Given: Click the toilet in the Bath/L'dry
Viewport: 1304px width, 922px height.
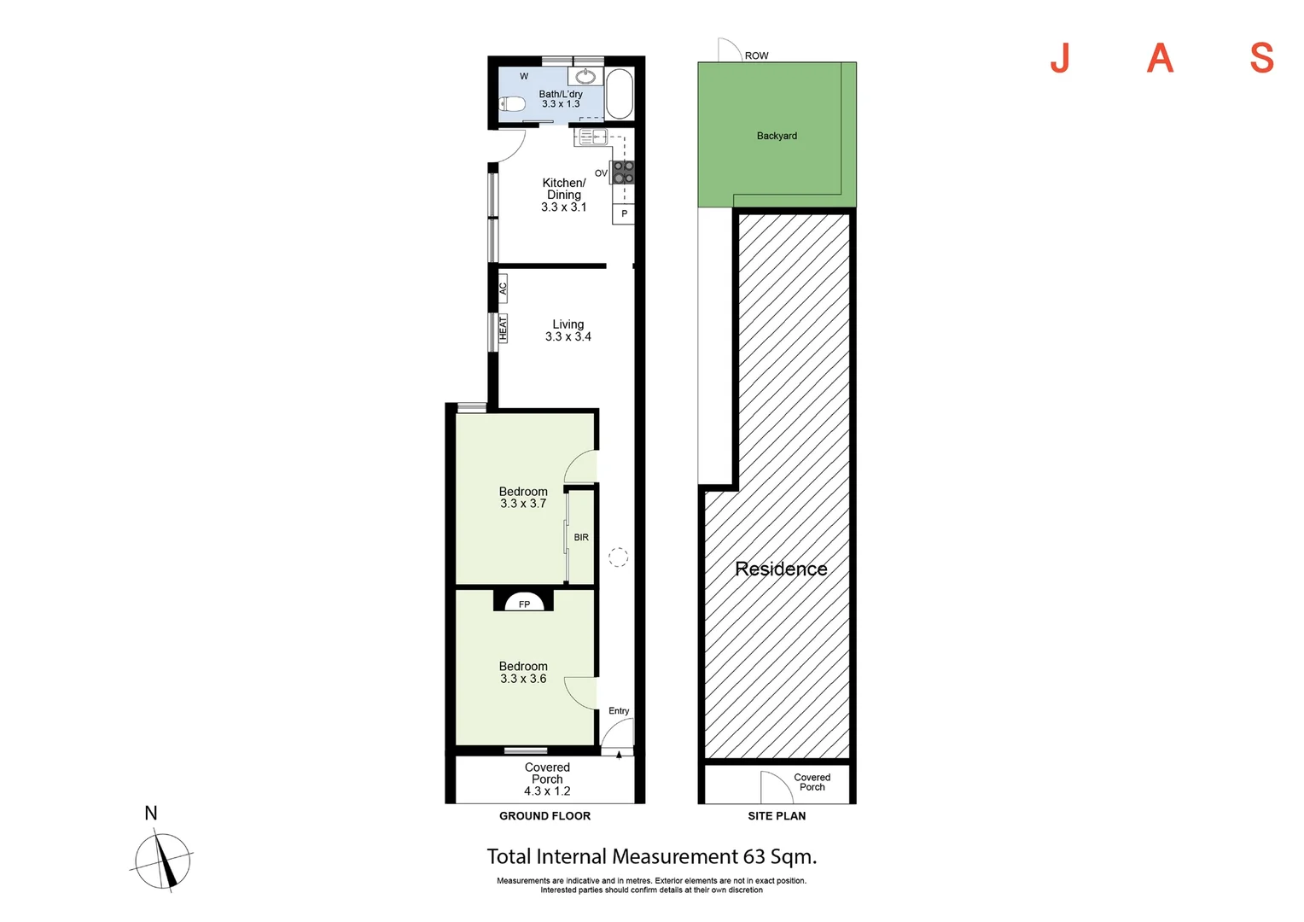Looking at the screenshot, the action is tap(512, 103).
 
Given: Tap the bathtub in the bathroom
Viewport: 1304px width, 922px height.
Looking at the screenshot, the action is tap(619, 94).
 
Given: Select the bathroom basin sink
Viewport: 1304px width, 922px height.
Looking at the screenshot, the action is tap(585, 76).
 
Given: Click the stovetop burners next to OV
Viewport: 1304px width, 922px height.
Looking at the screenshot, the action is tap(624, 172).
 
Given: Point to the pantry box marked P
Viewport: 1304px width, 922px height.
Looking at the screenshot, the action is tap(624, 213).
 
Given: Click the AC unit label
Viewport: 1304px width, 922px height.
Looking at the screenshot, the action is tap(503, 289).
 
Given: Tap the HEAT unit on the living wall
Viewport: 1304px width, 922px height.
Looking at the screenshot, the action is tap(503, 329).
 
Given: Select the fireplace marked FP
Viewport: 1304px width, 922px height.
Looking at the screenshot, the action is tap(524, 601).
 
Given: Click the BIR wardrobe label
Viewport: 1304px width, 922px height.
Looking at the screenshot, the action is tap(581, 538).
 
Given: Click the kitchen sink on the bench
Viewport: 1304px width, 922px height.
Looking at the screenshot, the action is tap(591, 137).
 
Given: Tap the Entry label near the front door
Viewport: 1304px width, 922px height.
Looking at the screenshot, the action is tap(619, 710).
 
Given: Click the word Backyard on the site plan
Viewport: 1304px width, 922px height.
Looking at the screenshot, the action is tap(777, 136).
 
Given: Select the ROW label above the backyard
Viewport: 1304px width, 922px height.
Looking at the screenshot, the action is tap(756, 55).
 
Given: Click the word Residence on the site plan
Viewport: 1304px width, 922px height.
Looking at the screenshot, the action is tap(781, 569).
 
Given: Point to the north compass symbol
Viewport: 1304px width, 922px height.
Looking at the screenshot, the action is tap(162, 861).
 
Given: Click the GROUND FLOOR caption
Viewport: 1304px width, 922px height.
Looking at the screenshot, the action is tap(544, 816).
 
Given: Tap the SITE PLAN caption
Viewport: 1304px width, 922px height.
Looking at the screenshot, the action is tap(777, 816).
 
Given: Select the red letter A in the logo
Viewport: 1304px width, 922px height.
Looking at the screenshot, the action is tap(1160, 58).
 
